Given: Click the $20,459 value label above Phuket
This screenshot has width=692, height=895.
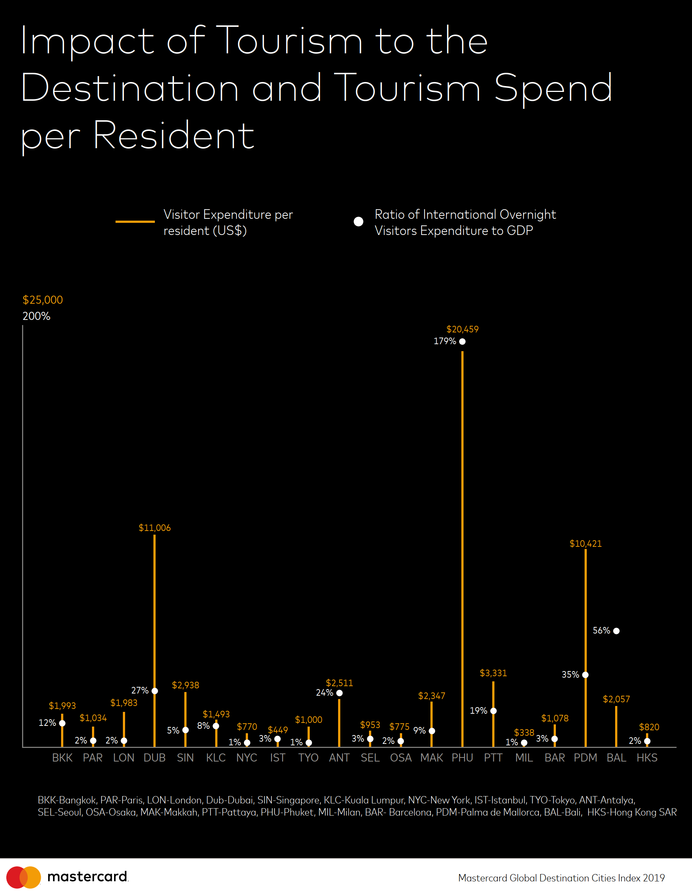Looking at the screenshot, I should point(462,329).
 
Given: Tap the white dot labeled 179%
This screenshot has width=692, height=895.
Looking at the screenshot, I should point(462,341).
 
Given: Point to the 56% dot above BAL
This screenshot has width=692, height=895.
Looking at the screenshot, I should point(616,631).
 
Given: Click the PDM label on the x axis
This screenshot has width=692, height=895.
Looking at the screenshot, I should point(585,758).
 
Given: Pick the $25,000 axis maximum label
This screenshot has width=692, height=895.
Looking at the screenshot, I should point(43,300).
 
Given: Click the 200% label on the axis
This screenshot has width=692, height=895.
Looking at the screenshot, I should point(36,316).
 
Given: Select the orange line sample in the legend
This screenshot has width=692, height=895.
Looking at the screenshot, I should point(135,222).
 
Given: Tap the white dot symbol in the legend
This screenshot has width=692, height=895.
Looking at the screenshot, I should point(358,222).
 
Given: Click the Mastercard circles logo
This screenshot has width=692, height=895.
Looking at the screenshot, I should point(24,877).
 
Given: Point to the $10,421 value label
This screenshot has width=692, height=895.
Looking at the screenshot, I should point(585,543).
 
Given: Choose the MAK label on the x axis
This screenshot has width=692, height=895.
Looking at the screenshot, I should point(432,758).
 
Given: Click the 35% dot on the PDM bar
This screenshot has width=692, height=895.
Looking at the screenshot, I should point(585,674).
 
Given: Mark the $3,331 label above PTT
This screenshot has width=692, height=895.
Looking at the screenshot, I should point(493,673).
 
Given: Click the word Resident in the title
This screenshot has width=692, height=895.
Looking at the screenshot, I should point(174,135).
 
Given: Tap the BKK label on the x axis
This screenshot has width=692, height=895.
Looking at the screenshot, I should point(62,758).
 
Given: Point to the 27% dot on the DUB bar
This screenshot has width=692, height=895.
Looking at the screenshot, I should point(155,691).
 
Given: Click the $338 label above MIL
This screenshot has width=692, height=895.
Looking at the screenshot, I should point(524,732).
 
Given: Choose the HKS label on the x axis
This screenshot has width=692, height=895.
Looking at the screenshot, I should point(647,758).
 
